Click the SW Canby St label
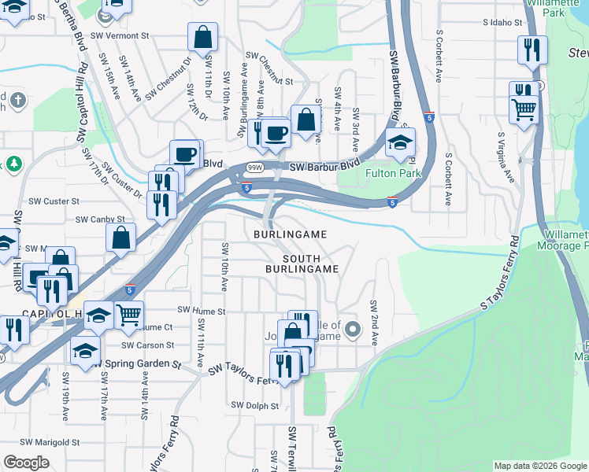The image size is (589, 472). tap(99, 219)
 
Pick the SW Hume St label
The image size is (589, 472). tap(202, 312)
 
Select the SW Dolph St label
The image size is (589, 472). tap(255, 406)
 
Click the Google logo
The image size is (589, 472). tap(26, 463)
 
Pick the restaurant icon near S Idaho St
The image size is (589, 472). tap(532, 50)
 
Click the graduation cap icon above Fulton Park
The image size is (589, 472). tap(401, 142)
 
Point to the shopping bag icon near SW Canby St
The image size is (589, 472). tap(120, 236)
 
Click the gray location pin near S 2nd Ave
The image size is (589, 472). tap(353, 329)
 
